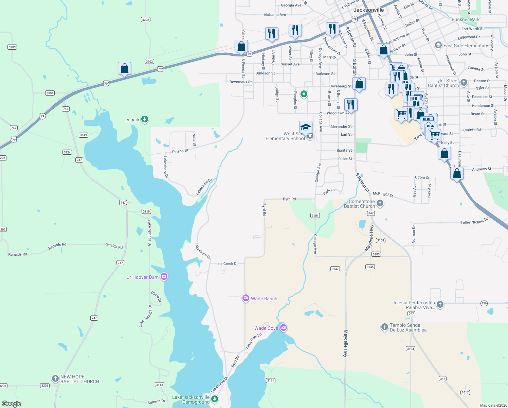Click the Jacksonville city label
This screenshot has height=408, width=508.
[368, 10]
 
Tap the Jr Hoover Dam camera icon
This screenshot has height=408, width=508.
[164, 277]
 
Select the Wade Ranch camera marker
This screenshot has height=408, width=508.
[246, 298]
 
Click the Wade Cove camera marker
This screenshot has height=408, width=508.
[284, 328]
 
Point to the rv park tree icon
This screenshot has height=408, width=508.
[145, 119]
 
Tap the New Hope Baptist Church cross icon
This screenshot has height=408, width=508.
[55, 379]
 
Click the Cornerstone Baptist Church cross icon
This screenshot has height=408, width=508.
[380, 203]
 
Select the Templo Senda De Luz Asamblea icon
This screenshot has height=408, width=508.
[384, 327]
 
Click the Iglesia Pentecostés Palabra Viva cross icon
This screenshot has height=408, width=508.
[440, 304]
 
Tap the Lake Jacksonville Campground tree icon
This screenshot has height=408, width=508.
[215, 399]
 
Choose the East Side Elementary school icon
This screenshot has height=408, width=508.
[438, 46]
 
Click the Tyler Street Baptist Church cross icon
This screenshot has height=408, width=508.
[464, 83]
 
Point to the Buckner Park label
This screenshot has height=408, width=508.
[466, 19]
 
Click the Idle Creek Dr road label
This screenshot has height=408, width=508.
[227, 263]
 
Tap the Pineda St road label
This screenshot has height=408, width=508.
[180, 151]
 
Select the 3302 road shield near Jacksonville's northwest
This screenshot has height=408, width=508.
[146, 20]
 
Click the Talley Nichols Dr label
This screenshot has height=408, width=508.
[474, 221]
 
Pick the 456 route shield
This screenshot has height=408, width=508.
[484, 303]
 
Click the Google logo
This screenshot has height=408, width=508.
[12, 404]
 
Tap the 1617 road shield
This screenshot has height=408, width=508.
[465, 392]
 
